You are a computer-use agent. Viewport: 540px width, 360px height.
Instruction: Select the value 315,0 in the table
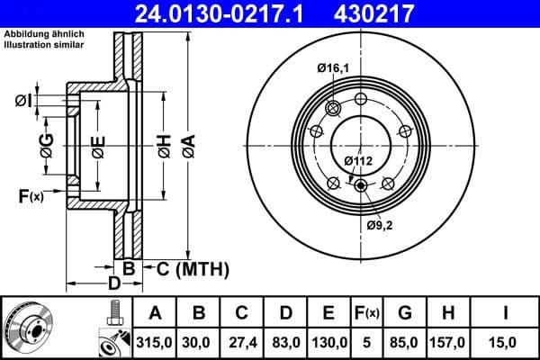pos(156,341)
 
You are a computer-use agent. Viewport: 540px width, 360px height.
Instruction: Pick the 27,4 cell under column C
pos(242,341)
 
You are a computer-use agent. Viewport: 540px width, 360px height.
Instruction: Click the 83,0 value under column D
pos(285,341)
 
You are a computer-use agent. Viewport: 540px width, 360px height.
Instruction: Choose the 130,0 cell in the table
pos(329,341)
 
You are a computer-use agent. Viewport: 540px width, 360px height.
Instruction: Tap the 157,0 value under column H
pos(447,341)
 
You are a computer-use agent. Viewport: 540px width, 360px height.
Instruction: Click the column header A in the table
pos(156,313)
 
